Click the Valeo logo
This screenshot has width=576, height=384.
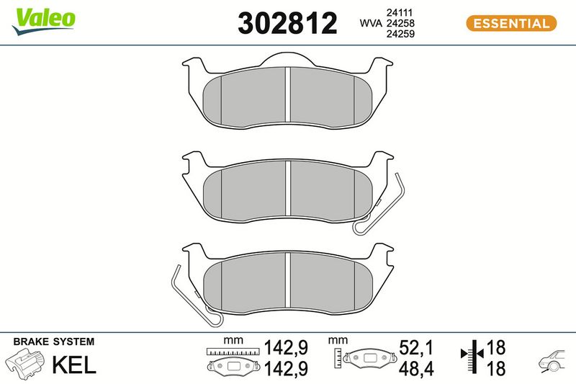coord(43,22)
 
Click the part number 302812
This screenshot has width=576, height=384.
coord(287,23)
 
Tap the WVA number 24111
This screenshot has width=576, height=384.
coord(400,12)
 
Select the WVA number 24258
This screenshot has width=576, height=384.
coord(400,23)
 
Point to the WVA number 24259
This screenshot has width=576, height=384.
coord(400,34)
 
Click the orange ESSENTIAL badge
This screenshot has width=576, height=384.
coord(511,23)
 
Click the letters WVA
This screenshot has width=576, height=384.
coord(371,23)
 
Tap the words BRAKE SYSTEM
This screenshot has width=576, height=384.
coord(53,341)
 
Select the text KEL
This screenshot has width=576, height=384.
coord(74,365)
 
